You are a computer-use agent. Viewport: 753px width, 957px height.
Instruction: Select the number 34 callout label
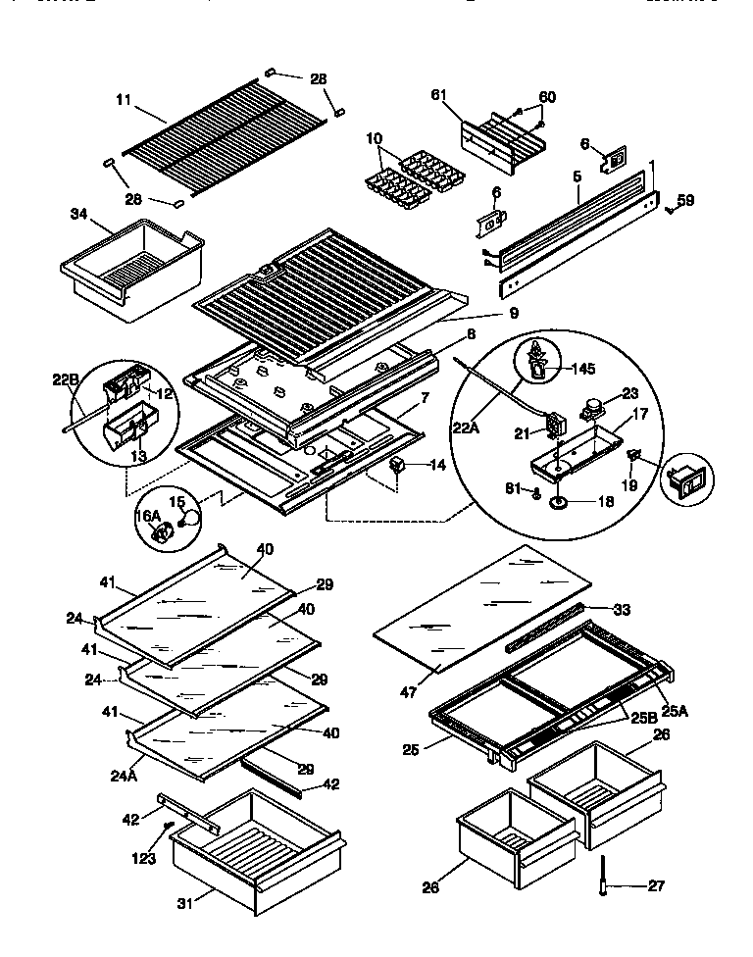coord(80,213)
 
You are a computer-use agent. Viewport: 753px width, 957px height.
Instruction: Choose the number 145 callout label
coord(583,369)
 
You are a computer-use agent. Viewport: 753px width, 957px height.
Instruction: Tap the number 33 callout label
coord(621,609)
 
